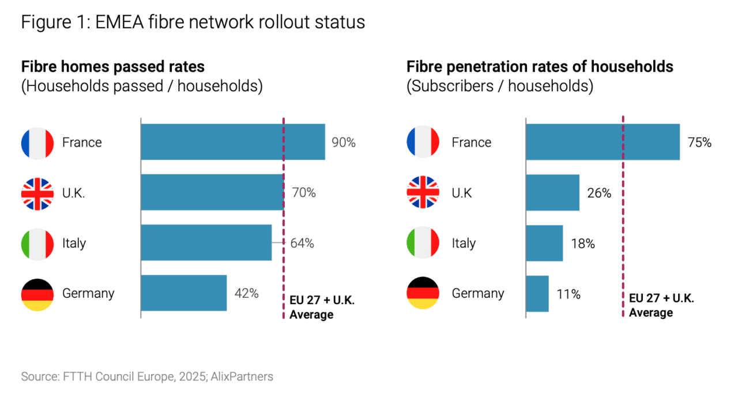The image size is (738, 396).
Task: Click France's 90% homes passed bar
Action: [233, 142]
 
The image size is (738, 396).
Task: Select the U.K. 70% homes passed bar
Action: [212, 192]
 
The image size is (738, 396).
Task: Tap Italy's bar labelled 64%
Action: [206, 242]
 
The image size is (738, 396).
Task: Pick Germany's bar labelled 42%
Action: [184, 293]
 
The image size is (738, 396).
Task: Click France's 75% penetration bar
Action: [603, 142]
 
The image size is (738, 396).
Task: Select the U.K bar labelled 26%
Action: [552, 192]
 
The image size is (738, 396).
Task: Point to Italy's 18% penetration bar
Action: [544, 242]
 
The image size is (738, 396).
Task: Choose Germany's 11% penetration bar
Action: [537, 293]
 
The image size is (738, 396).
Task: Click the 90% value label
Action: [343, 143]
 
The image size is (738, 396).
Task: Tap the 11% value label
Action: [568, 294]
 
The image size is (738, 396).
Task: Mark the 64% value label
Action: [302, 243]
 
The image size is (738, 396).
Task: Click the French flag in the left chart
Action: [37, 143]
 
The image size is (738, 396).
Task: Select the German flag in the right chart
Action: [423, 293]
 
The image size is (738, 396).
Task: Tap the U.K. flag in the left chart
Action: [37, 193]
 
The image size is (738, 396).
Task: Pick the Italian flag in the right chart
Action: [423, 243]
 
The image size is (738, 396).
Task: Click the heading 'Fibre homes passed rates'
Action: [113, 67]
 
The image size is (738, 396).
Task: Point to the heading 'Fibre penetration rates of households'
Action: [540, 67]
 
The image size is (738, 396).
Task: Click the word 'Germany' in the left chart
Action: [88, 293]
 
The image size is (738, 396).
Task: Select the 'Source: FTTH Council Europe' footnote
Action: [147, 377]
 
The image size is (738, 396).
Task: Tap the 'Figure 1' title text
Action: [193, 22]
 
